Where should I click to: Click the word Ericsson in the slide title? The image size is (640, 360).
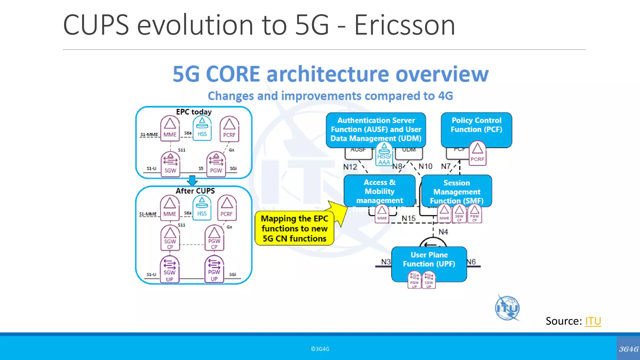tap(404, 25)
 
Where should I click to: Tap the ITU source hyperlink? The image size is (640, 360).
tap(593, 321)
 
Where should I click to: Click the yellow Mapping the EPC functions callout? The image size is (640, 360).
tap(294, 228)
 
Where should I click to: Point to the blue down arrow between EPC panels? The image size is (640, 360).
tap(192, 181)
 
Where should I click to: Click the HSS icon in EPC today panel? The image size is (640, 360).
tap(202, 129)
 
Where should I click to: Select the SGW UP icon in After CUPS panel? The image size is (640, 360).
tap(170, 269)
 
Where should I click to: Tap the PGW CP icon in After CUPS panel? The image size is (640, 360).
tap(214, 238)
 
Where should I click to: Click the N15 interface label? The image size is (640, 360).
tap(408, 218)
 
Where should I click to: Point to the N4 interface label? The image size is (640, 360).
tap(443, 232)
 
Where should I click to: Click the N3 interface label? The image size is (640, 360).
tap(386, 262)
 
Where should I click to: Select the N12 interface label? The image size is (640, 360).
tap(350, 167)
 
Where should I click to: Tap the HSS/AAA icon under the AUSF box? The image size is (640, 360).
tap(384, 154)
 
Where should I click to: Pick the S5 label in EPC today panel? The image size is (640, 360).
tap(201, 168)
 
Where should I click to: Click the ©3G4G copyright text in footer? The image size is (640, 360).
tap(320, 349)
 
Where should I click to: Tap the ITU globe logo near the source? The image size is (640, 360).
tap(507, 308)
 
